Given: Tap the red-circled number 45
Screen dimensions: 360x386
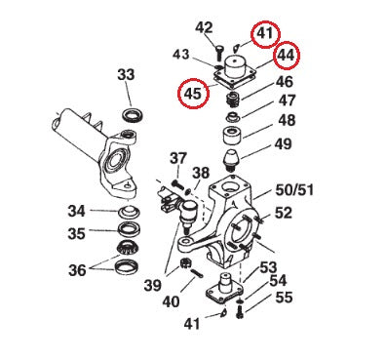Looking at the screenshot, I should click(193, 95).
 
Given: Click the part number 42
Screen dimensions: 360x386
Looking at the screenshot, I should click(204, 27).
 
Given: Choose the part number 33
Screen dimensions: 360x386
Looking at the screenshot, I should click(126, 74).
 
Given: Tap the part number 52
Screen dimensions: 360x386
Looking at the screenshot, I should click(283, 212).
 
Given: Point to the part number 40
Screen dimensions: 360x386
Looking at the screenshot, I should click(171, 302).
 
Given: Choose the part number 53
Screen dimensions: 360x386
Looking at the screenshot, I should click(268, 266).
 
